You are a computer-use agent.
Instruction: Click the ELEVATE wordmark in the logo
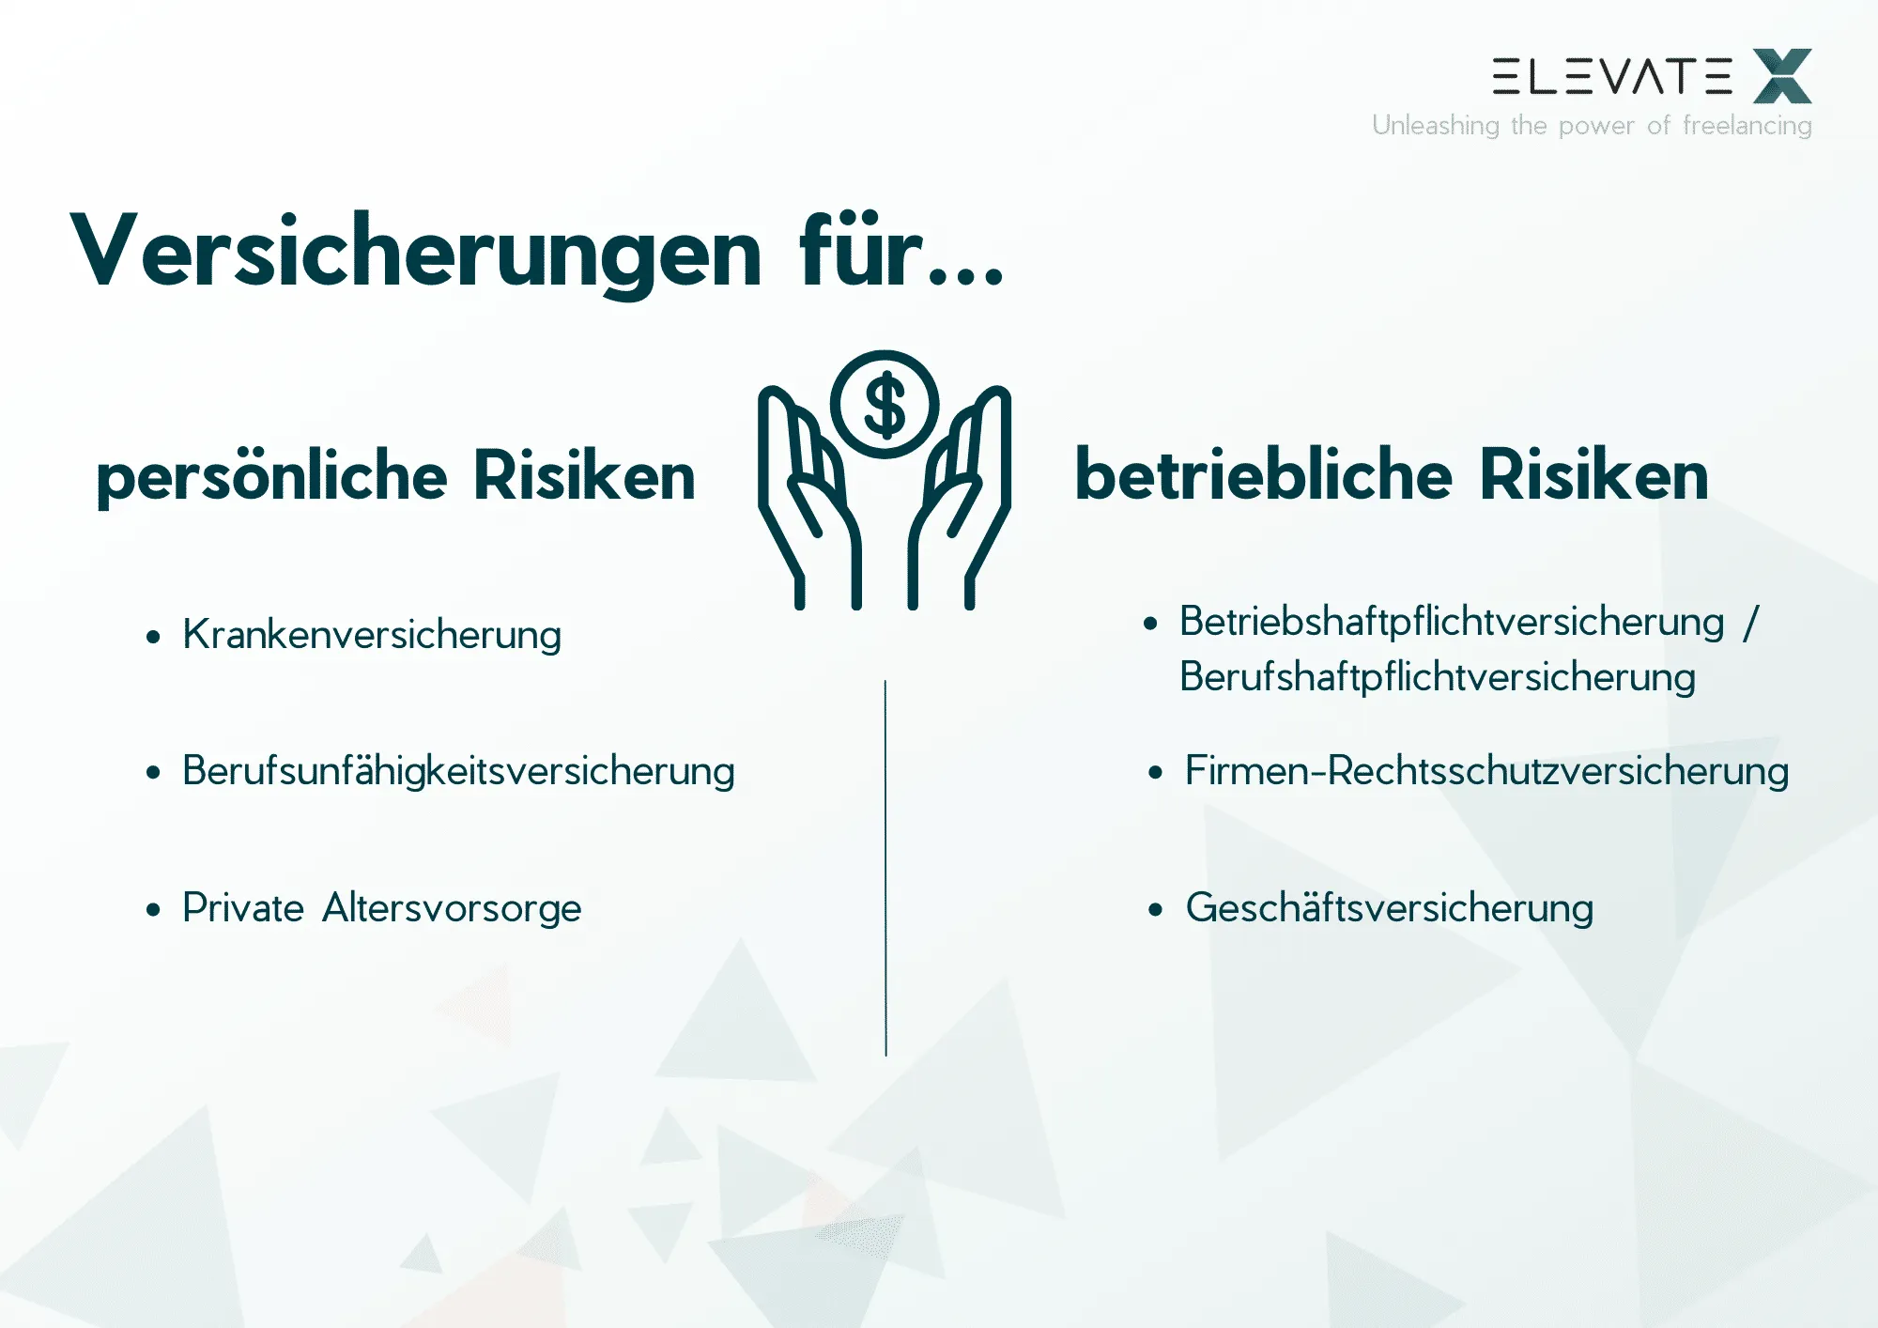coord(1611,76)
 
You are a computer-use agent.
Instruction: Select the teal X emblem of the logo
coord(1782,76)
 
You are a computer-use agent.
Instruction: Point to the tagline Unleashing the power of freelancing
coord(1592,125)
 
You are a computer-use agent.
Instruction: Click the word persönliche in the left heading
coord(271,476)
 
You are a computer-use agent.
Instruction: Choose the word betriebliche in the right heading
coord(1263,475)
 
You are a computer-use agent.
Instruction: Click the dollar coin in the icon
coord(885,405)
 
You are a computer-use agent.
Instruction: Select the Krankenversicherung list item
coord(372,635)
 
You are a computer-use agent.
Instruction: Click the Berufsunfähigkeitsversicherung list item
coord(458,771)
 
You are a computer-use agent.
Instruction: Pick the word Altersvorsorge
coord(452,908)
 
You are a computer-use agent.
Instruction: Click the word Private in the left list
coord(243,908)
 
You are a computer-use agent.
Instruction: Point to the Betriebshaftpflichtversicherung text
coord(1452,622)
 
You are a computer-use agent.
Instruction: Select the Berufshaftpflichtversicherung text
coord(1437,677)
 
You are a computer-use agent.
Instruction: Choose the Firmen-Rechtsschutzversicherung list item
coord(1486,771)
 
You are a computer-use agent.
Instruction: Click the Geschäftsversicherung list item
coord(1390,908)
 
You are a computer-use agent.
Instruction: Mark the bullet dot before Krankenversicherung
coord(154,637)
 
